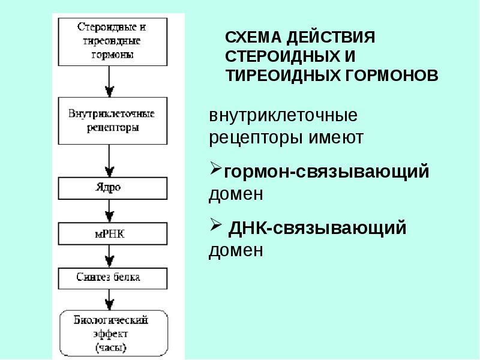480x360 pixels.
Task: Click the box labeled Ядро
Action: (113, 188)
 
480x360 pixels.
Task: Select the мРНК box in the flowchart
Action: (113, 233)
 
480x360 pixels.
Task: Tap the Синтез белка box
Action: (113, 278)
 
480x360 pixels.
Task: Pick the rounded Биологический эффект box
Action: (113, 334)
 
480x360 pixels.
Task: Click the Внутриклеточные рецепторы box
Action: (113, 121)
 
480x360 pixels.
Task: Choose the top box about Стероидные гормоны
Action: (113, 41)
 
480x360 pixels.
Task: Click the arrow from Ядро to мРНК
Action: (109, 211)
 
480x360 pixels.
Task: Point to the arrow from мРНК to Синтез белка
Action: (109, 257)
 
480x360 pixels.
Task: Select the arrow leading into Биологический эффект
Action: (109, 300)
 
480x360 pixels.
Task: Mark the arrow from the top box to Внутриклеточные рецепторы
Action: (109, 82)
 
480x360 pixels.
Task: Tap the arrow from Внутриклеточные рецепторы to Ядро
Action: (109, 161)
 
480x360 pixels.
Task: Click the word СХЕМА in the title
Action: (253, 37)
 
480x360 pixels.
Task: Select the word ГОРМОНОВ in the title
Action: (392, 76)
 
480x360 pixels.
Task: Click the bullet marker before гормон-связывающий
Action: (215, 169)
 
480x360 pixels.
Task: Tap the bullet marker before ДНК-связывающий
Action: (215, 225)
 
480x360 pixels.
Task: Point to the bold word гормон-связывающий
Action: (326, 172)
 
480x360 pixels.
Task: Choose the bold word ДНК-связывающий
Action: (317, 228)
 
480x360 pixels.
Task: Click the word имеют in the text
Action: (336, 138)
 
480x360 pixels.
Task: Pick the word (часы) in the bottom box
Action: (111, 348)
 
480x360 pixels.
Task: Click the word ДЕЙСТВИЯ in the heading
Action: (331, 37)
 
